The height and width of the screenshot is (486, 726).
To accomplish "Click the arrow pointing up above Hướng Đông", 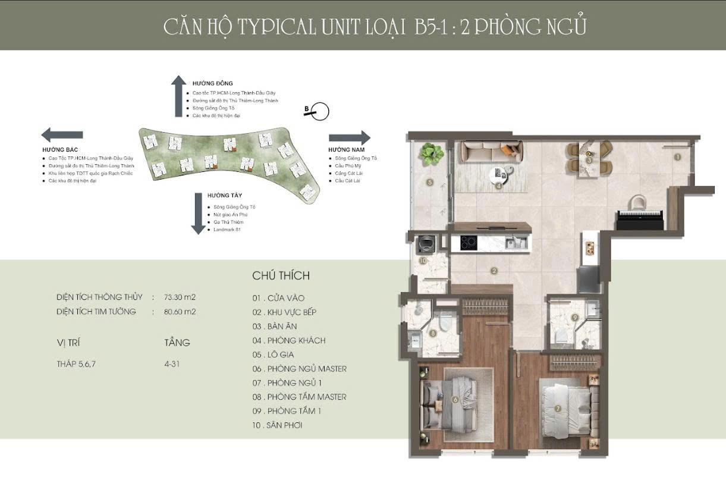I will coord(178,96).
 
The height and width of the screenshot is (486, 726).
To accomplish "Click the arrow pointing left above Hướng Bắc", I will coord(62,134).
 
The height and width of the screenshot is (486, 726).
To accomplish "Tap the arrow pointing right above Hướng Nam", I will coord(349,138).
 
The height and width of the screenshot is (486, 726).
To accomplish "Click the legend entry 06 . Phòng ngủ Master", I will coord(299,369).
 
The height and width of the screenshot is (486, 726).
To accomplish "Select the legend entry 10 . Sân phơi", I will coord(277,425).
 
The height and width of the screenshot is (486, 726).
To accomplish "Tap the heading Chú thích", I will coord(281,276).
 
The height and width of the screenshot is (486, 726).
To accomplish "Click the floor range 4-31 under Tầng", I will coord(172,365).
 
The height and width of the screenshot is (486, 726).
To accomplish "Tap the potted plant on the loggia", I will coord(431,153).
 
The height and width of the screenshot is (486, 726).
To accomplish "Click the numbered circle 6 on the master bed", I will coord(455,400).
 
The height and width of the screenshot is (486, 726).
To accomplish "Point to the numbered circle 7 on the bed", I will coord(557,409).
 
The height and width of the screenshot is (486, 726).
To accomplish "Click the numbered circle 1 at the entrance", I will coord(677,157).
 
